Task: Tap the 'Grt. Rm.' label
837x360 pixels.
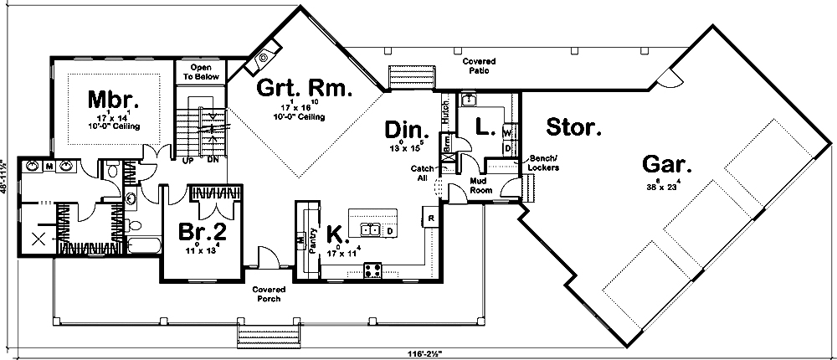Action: pyautogui.click(x=304, y=86)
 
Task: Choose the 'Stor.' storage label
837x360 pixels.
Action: pyautogui.click(x=573, y=127)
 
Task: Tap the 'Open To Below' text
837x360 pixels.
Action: pyautogui.click(x=198, y=71)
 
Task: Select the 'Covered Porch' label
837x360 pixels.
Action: pyautogui.click(x=267, y=293)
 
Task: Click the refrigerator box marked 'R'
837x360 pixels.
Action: pyautogui.click(x=430, y=219)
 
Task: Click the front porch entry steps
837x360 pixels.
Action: pyautogui.click(x=261, y=337)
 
